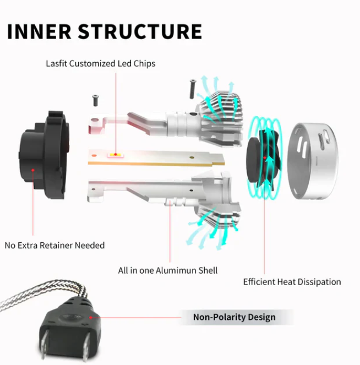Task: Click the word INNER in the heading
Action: click(39, 31)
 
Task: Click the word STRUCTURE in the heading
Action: click(140, 31)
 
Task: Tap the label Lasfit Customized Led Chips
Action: click(101, 63)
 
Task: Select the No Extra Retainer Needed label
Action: click(54, 246)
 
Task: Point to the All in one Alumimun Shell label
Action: click(168, 270)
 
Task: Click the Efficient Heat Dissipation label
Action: click(292, 282)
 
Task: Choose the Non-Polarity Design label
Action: click(234, 317)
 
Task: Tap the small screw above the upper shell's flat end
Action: click(95, 101)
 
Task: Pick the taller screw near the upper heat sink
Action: click(193, 89)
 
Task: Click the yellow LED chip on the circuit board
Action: click(116, 155)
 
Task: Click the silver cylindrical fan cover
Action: click(313, 161)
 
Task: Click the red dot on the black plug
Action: click(90, 318)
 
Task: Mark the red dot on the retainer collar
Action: click(33, 170)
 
